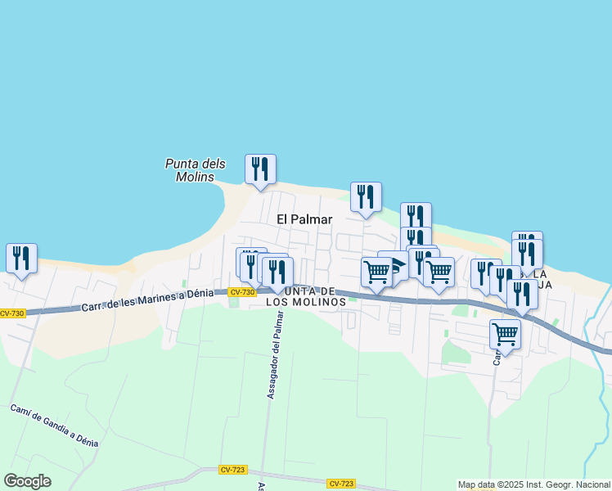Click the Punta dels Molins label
(189, 170)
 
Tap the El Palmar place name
(304, 219)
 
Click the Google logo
(27, 481)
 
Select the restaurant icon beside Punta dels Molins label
(260, 169)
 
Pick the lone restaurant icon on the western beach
(21, 259)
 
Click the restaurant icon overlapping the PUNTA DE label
(278, 273)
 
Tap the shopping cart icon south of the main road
(506, 335)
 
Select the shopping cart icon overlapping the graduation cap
(376, 272)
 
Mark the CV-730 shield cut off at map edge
(11, 313)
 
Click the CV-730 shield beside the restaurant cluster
(241, 292)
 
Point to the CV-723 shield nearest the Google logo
(232, 470)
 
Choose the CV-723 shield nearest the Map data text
(340, 484)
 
